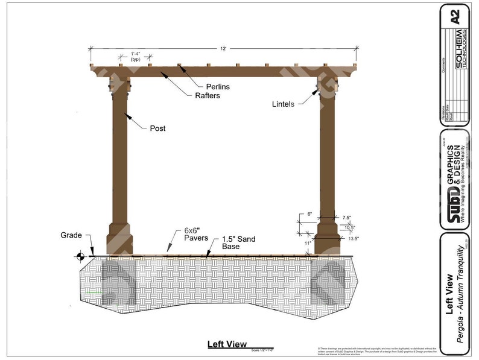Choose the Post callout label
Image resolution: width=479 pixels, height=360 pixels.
click(157, 128)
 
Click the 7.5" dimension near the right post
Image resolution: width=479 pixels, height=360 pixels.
click(346, 218)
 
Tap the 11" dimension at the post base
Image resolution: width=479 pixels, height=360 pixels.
click(307, 242)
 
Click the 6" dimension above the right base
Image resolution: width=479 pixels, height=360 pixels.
click(308, 214)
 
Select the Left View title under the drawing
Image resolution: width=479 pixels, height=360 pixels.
click(227, 344)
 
